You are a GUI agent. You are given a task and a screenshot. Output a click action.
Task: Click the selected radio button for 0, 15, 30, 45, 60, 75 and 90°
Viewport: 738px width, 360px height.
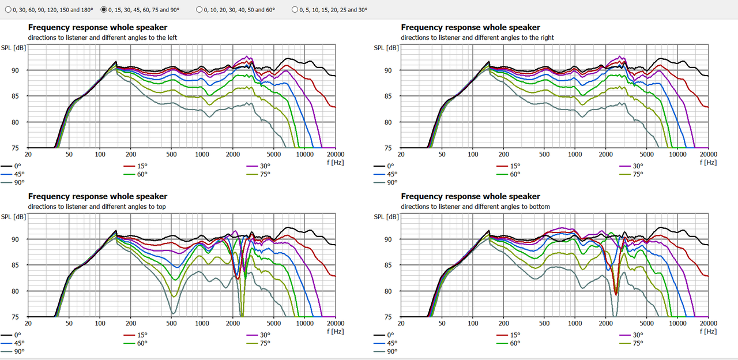click(103, 10)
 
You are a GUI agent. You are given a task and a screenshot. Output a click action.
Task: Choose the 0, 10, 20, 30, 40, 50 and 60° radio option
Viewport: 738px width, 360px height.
click(199, 10)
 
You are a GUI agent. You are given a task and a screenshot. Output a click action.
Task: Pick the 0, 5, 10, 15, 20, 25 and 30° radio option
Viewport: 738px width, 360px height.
click(295, 10)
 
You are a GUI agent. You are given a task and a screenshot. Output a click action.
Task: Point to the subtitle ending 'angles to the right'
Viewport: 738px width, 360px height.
click(477, 37)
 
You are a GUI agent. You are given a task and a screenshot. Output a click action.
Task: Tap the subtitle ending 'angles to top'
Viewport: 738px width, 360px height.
click(97, 207)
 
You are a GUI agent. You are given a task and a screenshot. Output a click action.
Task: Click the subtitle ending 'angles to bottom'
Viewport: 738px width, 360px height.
click(475, 207)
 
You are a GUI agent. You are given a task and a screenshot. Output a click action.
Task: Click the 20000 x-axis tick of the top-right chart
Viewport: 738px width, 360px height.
click(708, 155)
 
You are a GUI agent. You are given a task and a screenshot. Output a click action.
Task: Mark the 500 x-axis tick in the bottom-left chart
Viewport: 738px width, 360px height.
click(171, 324)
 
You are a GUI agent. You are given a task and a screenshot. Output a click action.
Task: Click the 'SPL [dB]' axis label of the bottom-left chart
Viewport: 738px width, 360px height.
click(13, 216)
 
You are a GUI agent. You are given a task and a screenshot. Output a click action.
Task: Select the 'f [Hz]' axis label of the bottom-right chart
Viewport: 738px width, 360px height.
click(709, 331)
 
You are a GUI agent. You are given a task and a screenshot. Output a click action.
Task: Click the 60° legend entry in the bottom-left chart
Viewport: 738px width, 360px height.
click(142, 343)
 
